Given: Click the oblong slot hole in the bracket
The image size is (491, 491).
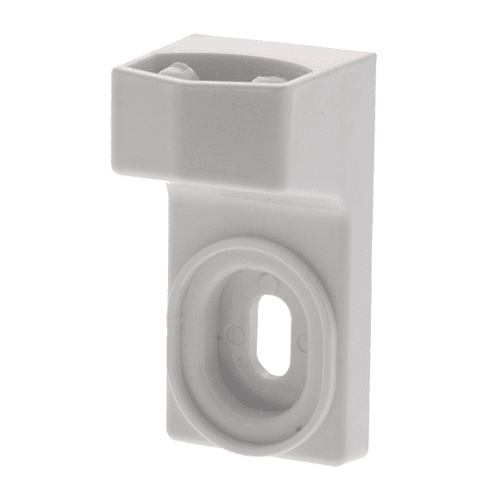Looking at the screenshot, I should [275, 334].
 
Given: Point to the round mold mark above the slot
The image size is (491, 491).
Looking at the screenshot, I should [269, 280].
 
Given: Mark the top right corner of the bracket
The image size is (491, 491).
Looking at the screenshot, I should [374, 51].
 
